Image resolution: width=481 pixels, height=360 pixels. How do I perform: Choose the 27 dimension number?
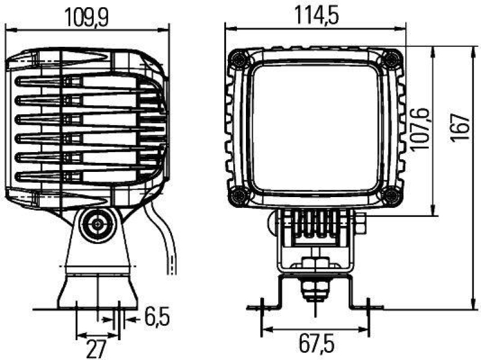point(96,347)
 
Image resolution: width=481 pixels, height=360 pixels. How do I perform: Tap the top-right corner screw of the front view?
point(391,58)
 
